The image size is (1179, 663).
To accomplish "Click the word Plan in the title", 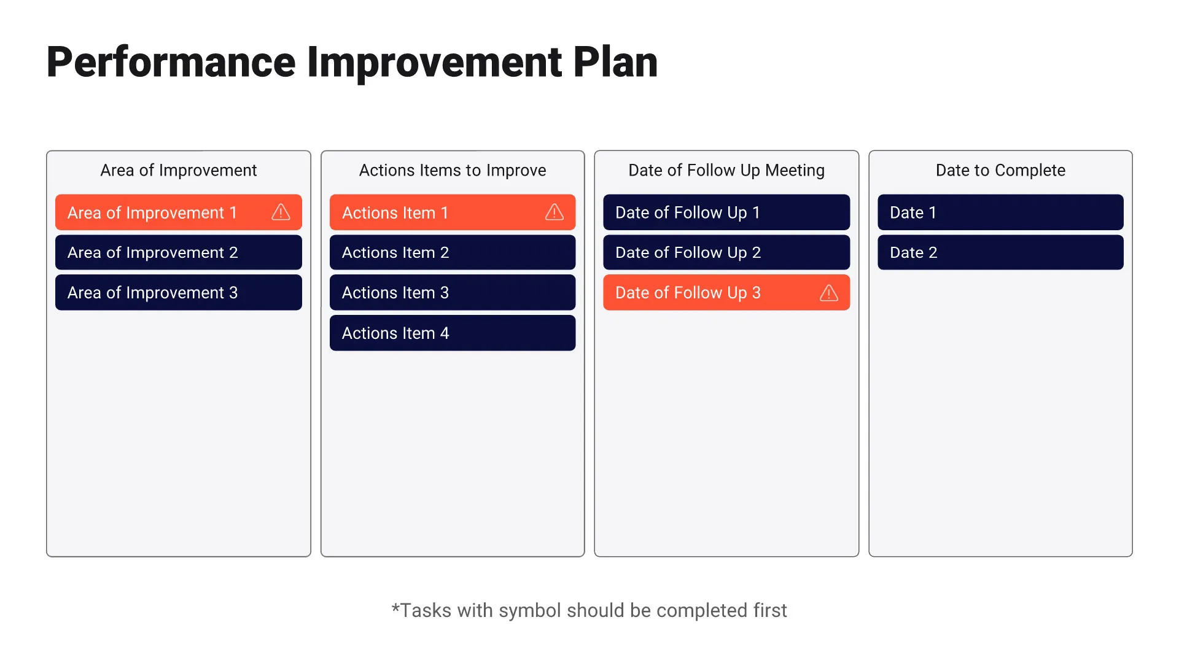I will click(615, 62).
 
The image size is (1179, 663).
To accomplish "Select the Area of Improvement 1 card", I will click(152, 212).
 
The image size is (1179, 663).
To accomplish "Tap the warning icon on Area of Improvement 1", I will click(281, 212).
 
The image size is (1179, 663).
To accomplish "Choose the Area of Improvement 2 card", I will click(178, 252).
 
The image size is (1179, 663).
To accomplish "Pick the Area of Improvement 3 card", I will click(178, 293).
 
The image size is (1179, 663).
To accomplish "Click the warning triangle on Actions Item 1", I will click(554, 212).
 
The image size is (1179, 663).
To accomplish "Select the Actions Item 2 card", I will click(452, 252).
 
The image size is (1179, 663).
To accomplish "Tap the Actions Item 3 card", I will click(452, 293).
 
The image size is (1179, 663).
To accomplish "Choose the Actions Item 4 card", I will click(452, 333).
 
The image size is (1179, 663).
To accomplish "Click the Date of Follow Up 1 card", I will click(726, 212).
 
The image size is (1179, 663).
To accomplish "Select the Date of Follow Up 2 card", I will click(726, 252).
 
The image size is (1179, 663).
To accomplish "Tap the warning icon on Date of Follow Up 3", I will click(828, 293).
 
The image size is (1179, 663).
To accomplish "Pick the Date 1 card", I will click(1000, 212).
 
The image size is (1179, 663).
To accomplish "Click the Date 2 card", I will click(1000, 252).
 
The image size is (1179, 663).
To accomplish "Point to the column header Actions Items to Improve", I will click(452, 170).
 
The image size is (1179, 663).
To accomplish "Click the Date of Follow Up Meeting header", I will click(726, 170).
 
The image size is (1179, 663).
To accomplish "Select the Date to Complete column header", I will click(1000, 170).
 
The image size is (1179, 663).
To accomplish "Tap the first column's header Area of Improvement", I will click(178, 170).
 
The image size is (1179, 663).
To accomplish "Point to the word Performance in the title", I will click(171, 62).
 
